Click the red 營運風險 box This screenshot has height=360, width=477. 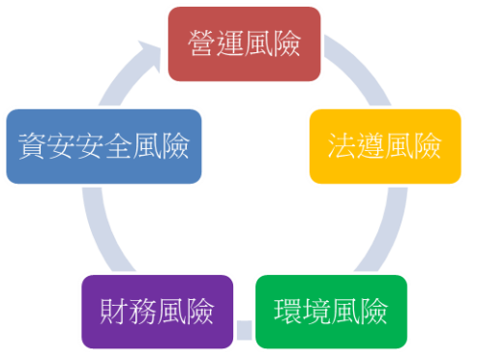click(244, 44)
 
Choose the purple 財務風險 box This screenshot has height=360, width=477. click(158, 313)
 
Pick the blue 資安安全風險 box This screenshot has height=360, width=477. click(104, 147)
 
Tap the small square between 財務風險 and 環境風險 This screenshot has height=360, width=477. click(244, 331)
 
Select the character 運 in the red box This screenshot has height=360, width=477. click(229, 45)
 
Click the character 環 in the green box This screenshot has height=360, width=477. click(287, 314)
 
